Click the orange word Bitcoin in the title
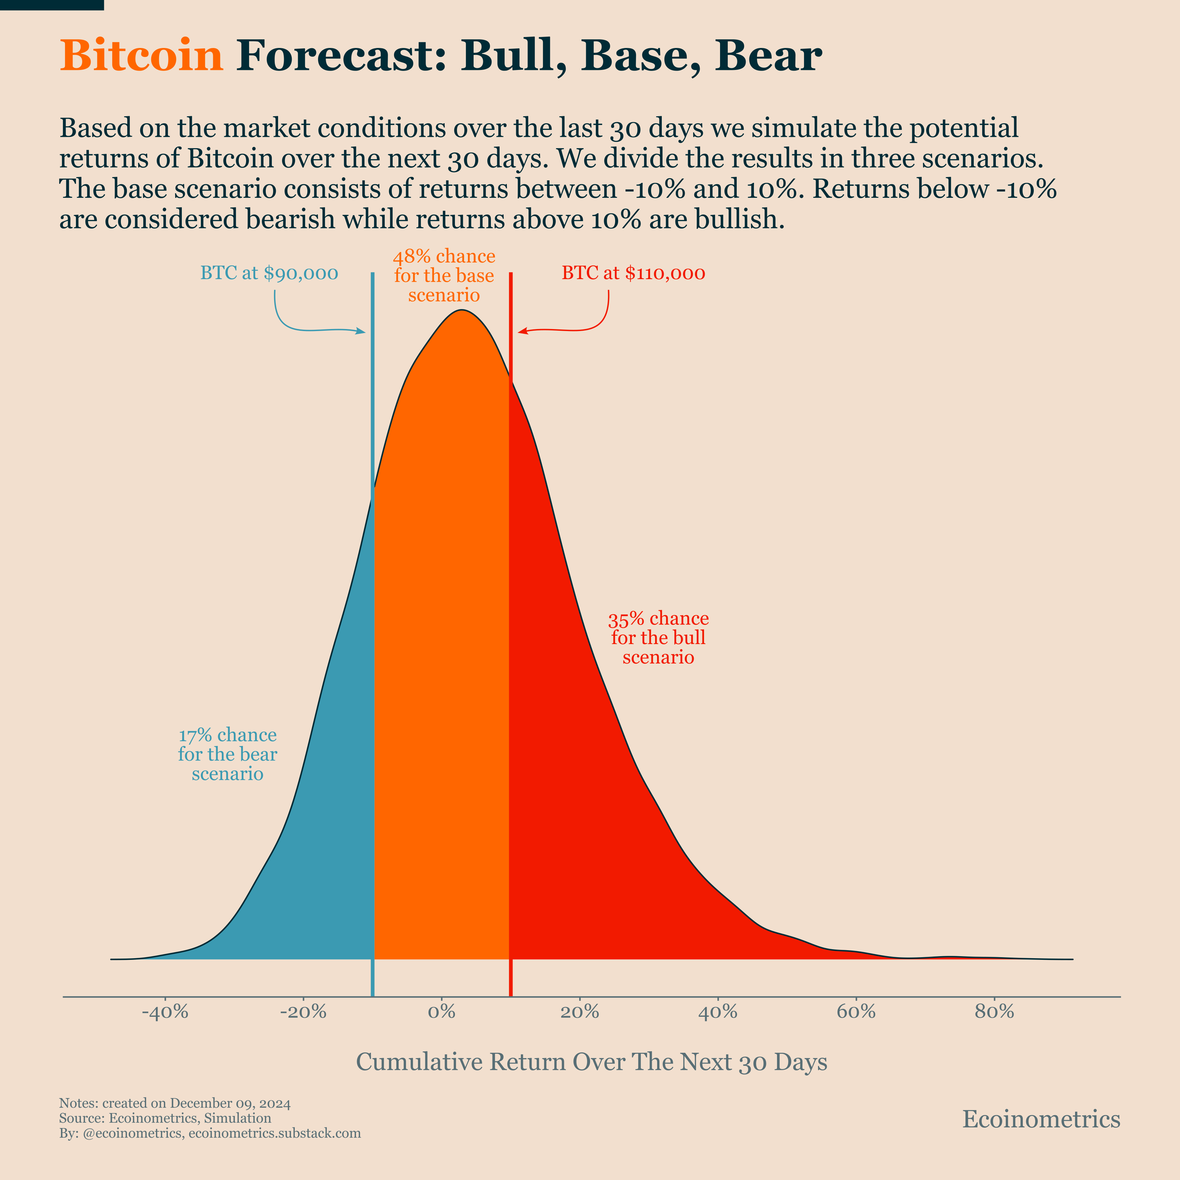141,56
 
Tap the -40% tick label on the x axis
165,1012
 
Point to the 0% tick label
442,1012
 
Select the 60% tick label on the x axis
856,1012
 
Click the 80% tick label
994,1012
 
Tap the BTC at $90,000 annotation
269,273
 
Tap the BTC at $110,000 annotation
633,273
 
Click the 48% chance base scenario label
444,275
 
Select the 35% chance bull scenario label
658,638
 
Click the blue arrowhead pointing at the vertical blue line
362,332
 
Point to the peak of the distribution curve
462,311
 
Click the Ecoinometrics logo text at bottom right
1041,1119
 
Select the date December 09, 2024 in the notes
230,1103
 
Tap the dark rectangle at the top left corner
52,5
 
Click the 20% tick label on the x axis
580,1012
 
